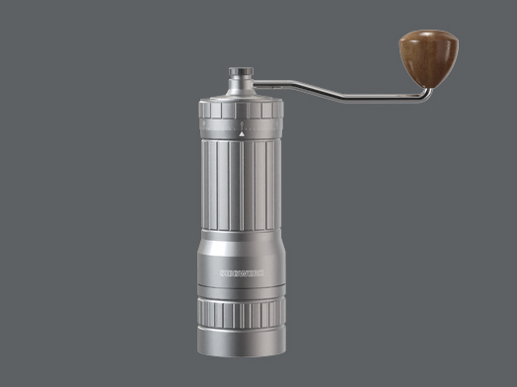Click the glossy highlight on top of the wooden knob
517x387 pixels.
[x=418, y=39]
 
